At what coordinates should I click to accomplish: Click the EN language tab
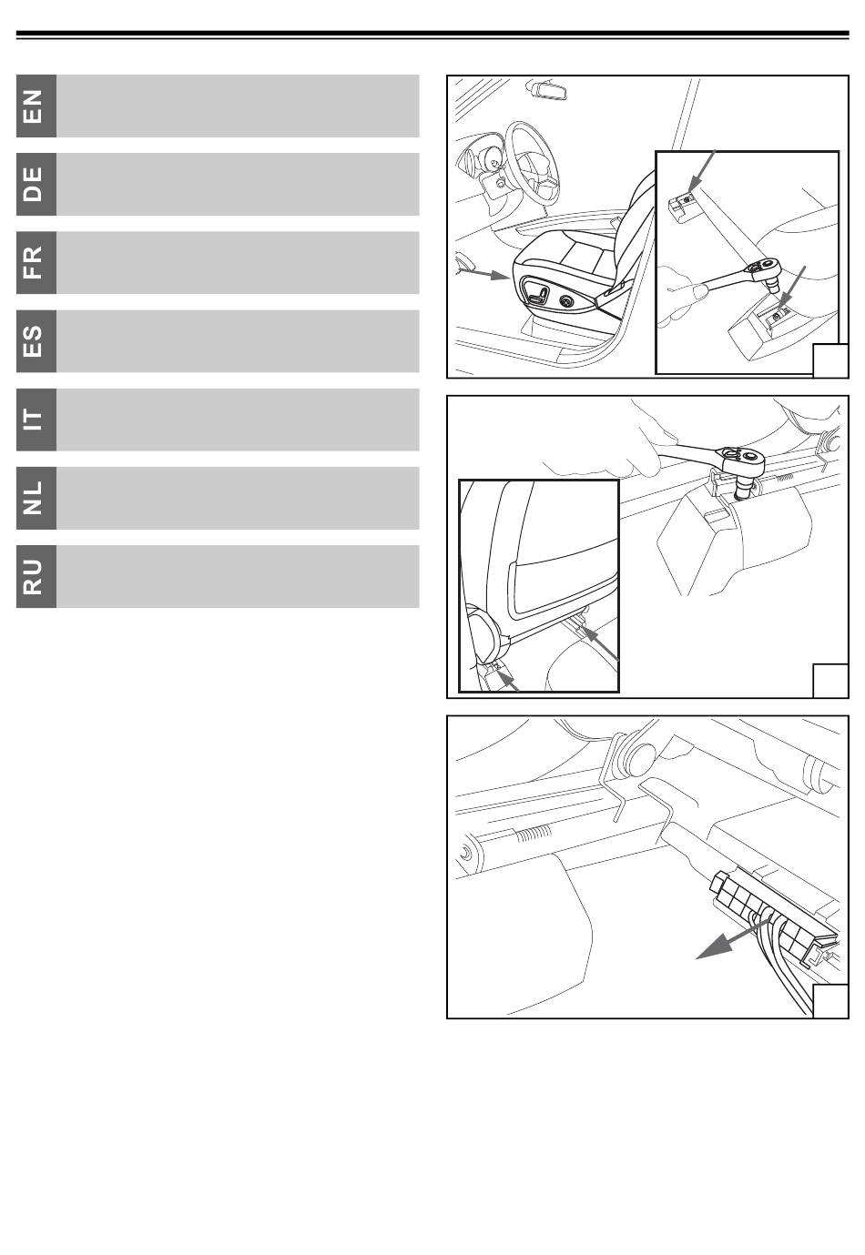tap(36, 106)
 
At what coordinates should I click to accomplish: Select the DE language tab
tap(36, 185)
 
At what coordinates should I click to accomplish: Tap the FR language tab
tap(36, 263)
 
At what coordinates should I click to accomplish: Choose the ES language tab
tap(36, 341)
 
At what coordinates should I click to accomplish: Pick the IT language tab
tap(36, 420)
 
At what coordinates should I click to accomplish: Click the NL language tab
tap(36, 498)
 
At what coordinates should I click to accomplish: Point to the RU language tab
tap(36, 576)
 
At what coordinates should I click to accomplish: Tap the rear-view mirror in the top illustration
tap(546, 89)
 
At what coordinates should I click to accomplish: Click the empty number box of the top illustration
tap(830, 360)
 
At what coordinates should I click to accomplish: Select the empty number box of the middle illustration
tap(830, 681)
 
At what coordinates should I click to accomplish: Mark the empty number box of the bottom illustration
tap(830, 1001)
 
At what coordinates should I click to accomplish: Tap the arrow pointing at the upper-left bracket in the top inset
tap(702, 171)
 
